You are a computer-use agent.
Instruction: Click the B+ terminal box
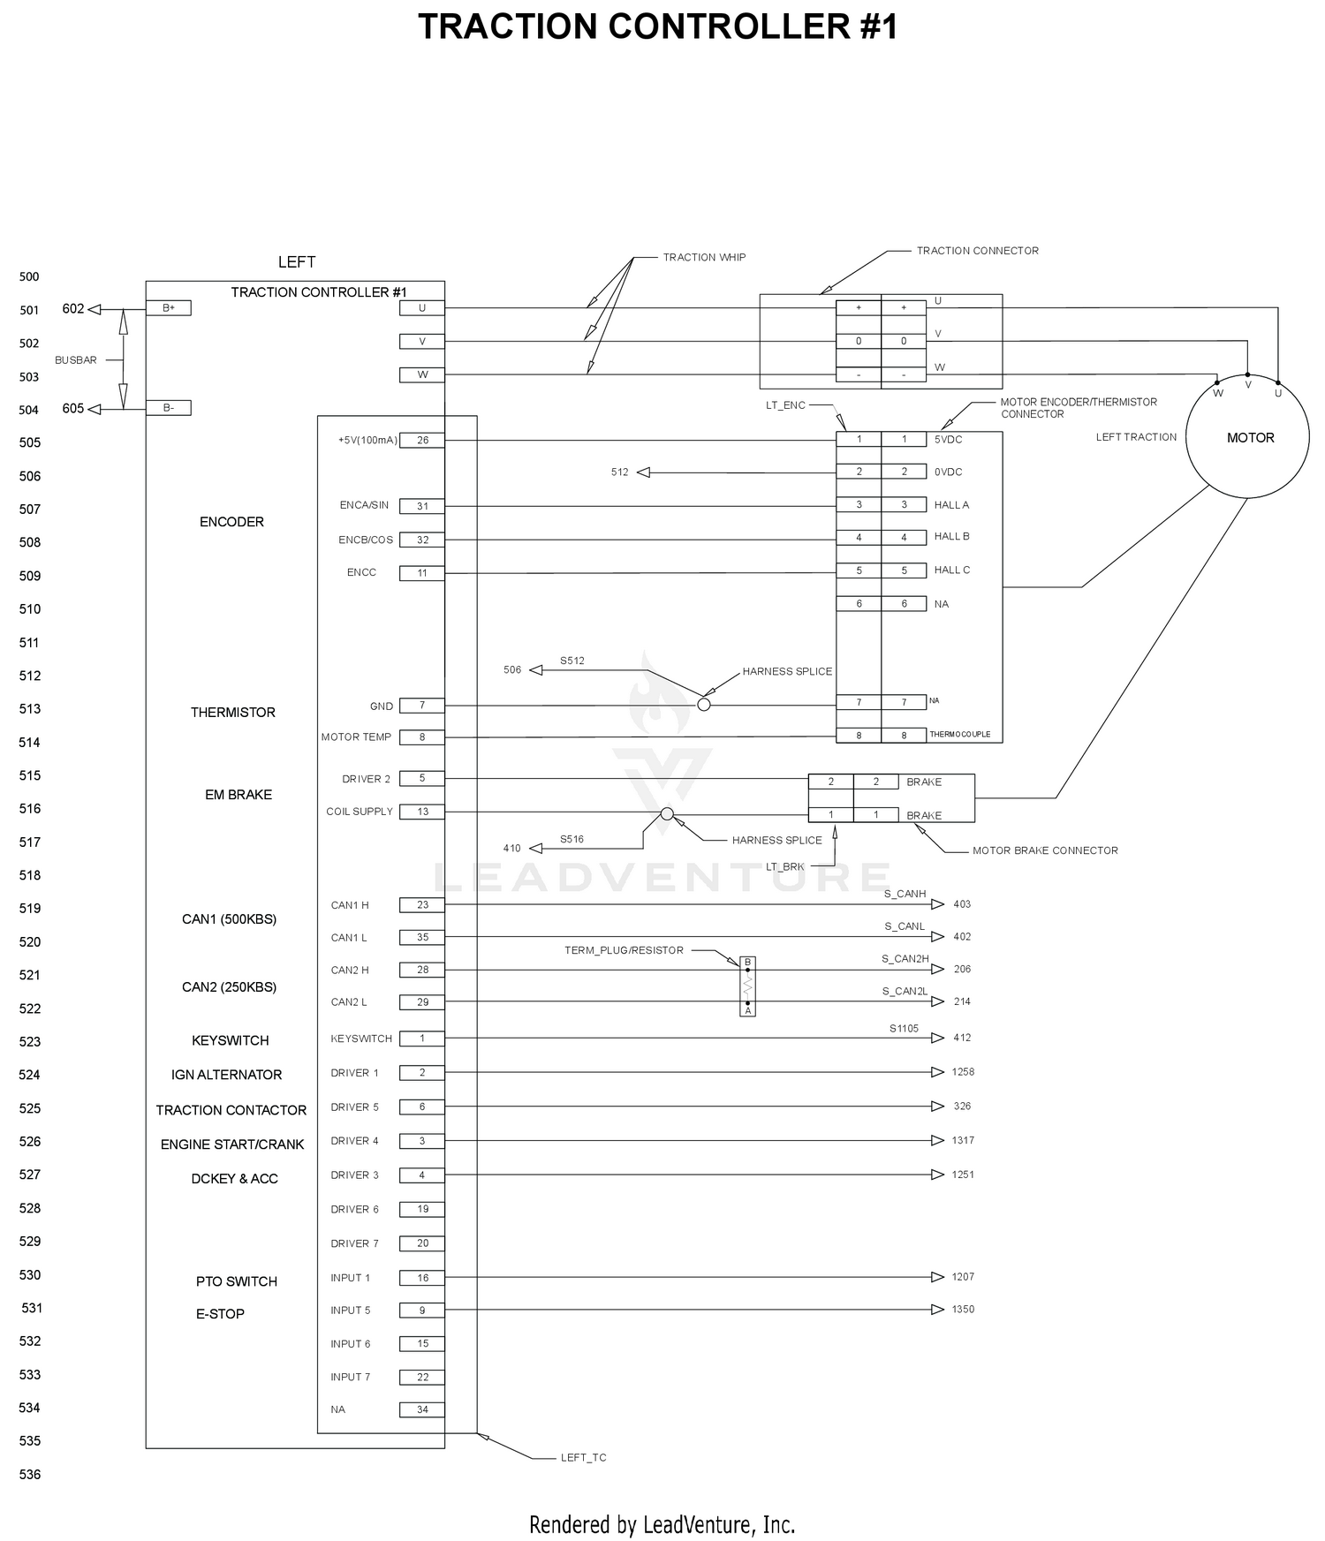168,308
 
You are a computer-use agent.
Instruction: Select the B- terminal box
168,408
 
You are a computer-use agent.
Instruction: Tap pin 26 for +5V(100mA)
422,441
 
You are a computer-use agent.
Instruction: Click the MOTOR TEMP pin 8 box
422,737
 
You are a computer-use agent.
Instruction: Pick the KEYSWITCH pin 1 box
422,1039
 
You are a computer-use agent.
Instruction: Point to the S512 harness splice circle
704,705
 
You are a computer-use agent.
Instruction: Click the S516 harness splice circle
667,813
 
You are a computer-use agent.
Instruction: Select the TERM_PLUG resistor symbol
747,986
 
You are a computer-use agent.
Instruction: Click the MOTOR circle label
1250,438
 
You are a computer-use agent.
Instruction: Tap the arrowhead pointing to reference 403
938,904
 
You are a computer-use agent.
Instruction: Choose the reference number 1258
963,1072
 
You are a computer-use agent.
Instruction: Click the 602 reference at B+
73,309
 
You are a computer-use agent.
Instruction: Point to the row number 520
30,942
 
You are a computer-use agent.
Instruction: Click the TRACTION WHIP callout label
704,258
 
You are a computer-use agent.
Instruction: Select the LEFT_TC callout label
584,1458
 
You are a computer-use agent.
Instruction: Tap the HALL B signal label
952,537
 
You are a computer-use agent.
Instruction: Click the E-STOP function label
220,1314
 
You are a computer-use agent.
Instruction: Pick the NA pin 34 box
422,1410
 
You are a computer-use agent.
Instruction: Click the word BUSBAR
76,360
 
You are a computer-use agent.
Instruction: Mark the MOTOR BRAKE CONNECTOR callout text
1045,851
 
